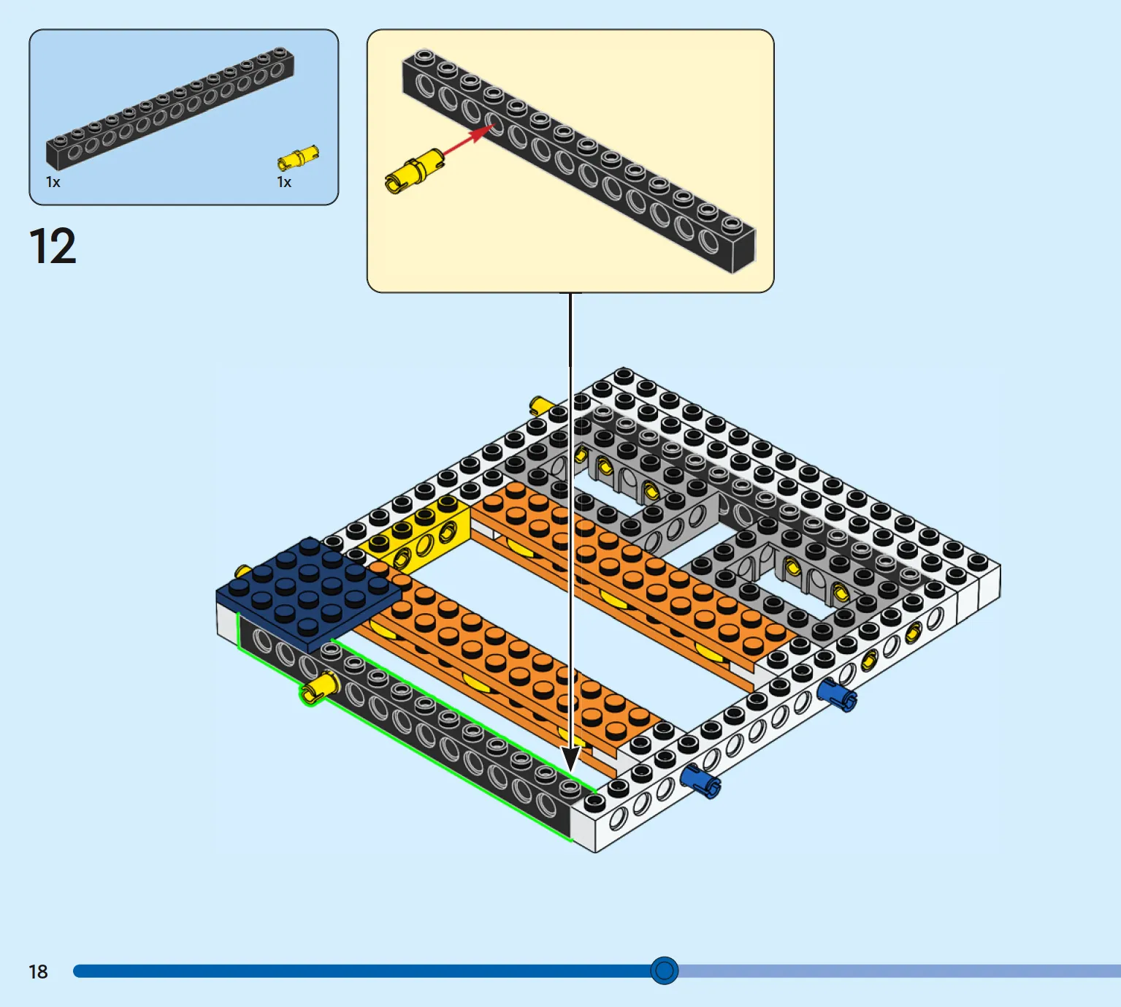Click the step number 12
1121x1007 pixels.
click(53, 246)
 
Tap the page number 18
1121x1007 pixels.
click(38, 972)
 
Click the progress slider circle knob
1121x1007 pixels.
click(664, 970)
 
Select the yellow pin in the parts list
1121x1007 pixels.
click(298, 159)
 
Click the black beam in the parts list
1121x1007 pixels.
click(170, 108)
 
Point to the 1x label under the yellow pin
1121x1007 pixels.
click(284, 182)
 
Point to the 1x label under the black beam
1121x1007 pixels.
click(53, 182)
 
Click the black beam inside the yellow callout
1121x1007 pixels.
click(579, 161)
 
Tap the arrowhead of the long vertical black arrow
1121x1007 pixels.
click(570, 759)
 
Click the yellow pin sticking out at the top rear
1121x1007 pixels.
click(541, 406)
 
